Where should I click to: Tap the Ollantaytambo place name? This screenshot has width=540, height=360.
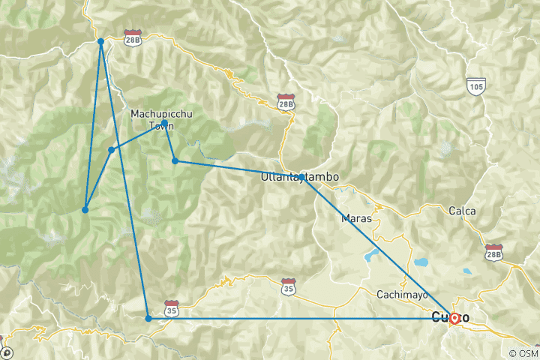(299, 178)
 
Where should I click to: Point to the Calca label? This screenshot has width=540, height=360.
(462, 211)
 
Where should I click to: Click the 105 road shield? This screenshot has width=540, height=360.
(474, 85)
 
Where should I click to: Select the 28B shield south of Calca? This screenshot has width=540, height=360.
(493, 252)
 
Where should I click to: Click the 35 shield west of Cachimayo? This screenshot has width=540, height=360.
(288, 286)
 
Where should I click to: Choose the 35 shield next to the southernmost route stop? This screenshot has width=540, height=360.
(172, 309)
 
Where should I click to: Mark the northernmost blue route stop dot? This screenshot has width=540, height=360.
(100, 41)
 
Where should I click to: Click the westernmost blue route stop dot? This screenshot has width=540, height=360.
(85, 210)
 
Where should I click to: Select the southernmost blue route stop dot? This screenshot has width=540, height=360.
(148, 319)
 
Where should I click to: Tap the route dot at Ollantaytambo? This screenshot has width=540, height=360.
(301, 177)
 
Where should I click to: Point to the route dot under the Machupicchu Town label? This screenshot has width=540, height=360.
(164, 123)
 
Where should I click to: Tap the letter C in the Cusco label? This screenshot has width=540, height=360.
(436, 318)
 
